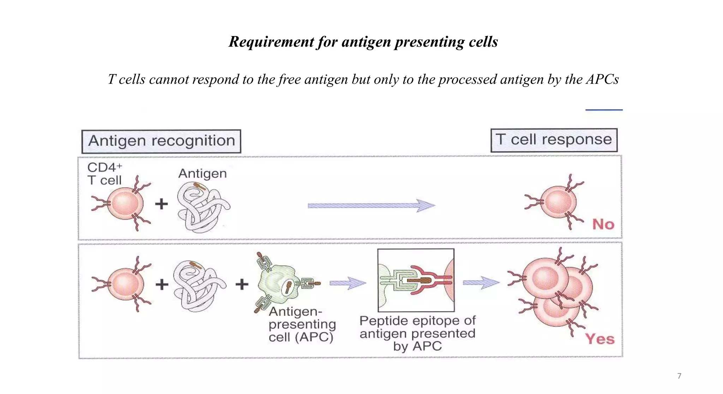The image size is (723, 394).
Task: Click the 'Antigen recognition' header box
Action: [x=161, y=141]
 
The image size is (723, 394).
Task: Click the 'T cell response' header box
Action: [x=554, y=140]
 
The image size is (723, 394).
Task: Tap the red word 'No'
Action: [x=603, y=224]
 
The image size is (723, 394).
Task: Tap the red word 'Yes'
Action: [x=600, y=339]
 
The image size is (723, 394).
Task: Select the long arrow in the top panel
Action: [x=371, y=205]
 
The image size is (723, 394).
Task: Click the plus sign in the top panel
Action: [x=161, y=204]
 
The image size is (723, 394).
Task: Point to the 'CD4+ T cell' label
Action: [x=104, y=174]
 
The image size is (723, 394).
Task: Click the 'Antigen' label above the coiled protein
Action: [x=202, y=174]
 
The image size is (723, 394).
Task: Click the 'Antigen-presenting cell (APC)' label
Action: [x=302, y=324]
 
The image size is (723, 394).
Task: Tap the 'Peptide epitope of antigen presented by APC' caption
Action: [x=417, y=333]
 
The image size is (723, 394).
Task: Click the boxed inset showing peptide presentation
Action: [x=416, y=280]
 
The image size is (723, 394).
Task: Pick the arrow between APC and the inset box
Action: [x=347, y=283]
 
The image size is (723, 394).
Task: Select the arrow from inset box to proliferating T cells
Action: [x=481, y=282]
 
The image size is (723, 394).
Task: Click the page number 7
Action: [x=679, y=376]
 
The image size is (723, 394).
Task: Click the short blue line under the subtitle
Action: [x=604, y=110]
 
